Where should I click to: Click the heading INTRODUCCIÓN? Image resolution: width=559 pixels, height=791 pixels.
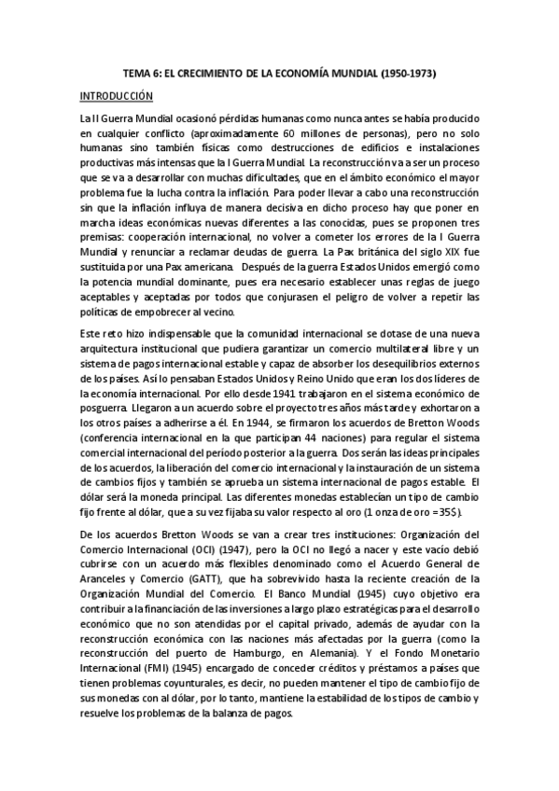[x=116, y=95]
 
